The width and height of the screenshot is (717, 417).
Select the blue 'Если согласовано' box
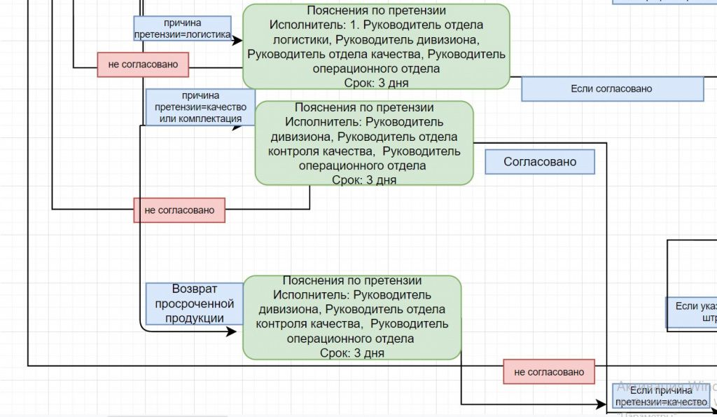click(612, 89)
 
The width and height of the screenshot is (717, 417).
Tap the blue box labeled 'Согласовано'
click(540, 162)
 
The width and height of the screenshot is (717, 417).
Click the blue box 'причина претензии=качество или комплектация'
click(200, 107)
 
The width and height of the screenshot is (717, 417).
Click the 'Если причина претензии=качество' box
click(661, 396)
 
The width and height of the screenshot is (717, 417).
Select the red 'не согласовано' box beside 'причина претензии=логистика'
click(143, 64)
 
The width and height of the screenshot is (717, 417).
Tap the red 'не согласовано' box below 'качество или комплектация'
click(179, 210)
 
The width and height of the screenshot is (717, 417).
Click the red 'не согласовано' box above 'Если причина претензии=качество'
click(548, 372)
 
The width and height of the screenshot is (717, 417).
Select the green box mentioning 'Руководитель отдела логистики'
click(376, 46)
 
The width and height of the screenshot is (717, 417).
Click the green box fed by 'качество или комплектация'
click(363, 143)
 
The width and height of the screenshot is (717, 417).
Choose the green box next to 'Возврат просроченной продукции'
click(352, 317)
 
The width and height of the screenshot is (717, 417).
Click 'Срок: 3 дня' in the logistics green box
click(376, 83)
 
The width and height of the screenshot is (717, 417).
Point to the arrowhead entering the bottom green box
click(232, 331)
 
